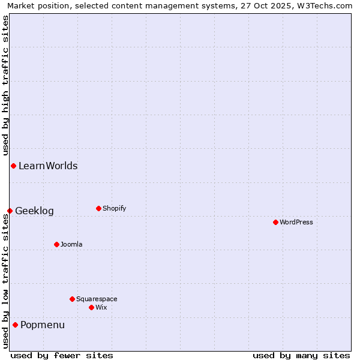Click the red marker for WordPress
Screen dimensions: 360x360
(275, 222)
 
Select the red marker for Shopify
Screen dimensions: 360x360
(98, 208)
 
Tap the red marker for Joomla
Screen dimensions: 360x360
(56, 244)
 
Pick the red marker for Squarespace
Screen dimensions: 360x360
(72, 299)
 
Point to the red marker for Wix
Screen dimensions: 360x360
(91, 307)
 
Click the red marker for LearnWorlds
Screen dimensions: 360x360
(13, 166)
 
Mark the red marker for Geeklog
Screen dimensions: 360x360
(10, 211)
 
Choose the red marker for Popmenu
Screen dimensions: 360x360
(15, 325)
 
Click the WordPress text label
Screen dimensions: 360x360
(296, 222)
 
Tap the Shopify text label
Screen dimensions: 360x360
(115, 208)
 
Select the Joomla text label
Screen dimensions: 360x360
(71, 244)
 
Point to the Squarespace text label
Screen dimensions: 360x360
(97, 299)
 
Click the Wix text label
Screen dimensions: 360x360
(101, 307)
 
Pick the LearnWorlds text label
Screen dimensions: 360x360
(48, 166)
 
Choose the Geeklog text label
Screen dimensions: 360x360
(34, 211)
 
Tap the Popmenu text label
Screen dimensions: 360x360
(43, 325)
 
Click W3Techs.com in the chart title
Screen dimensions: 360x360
(325, 5)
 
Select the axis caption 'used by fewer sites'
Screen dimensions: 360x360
(62, 355)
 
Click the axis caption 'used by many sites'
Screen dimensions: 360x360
(301, 355)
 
